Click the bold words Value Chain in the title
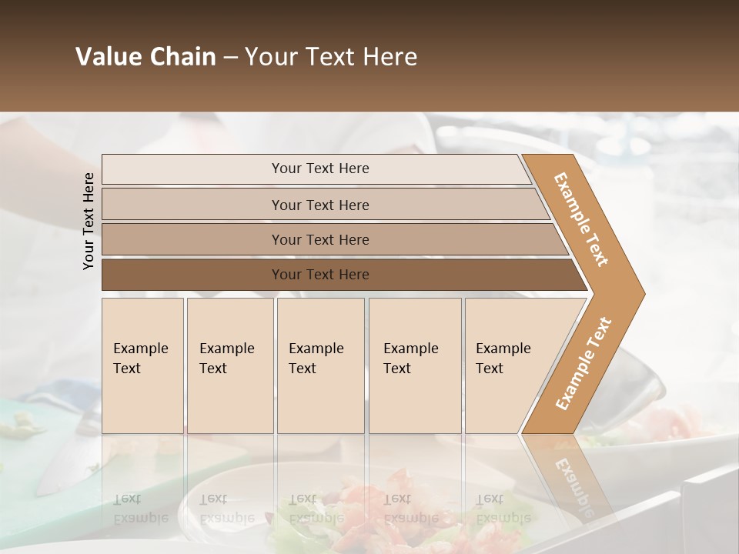click(x=145, y=57)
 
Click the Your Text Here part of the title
click(x=331, y=57)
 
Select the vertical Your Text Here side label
click(x=89, y=221)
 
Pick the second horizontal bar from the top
click(x=320, y=205)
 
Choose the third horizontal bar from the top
click(x=320, y=240)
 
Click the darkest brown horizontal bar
click(x=320, y=275)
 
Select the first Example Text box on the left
click(x=142, y=365)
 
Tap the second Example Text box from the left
click(x=229, y=365)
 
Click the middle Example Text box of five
click(x=320, y=365)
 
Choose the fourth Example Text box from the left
click(x=415, y=365)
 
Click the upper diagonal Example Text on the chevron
click(x=581, y=219)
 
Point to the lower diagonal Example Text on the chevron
click(x=584, y=364)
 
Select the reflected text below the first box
click(x=140, y=508)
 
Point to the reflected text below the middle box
click(x=316, y=508)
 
